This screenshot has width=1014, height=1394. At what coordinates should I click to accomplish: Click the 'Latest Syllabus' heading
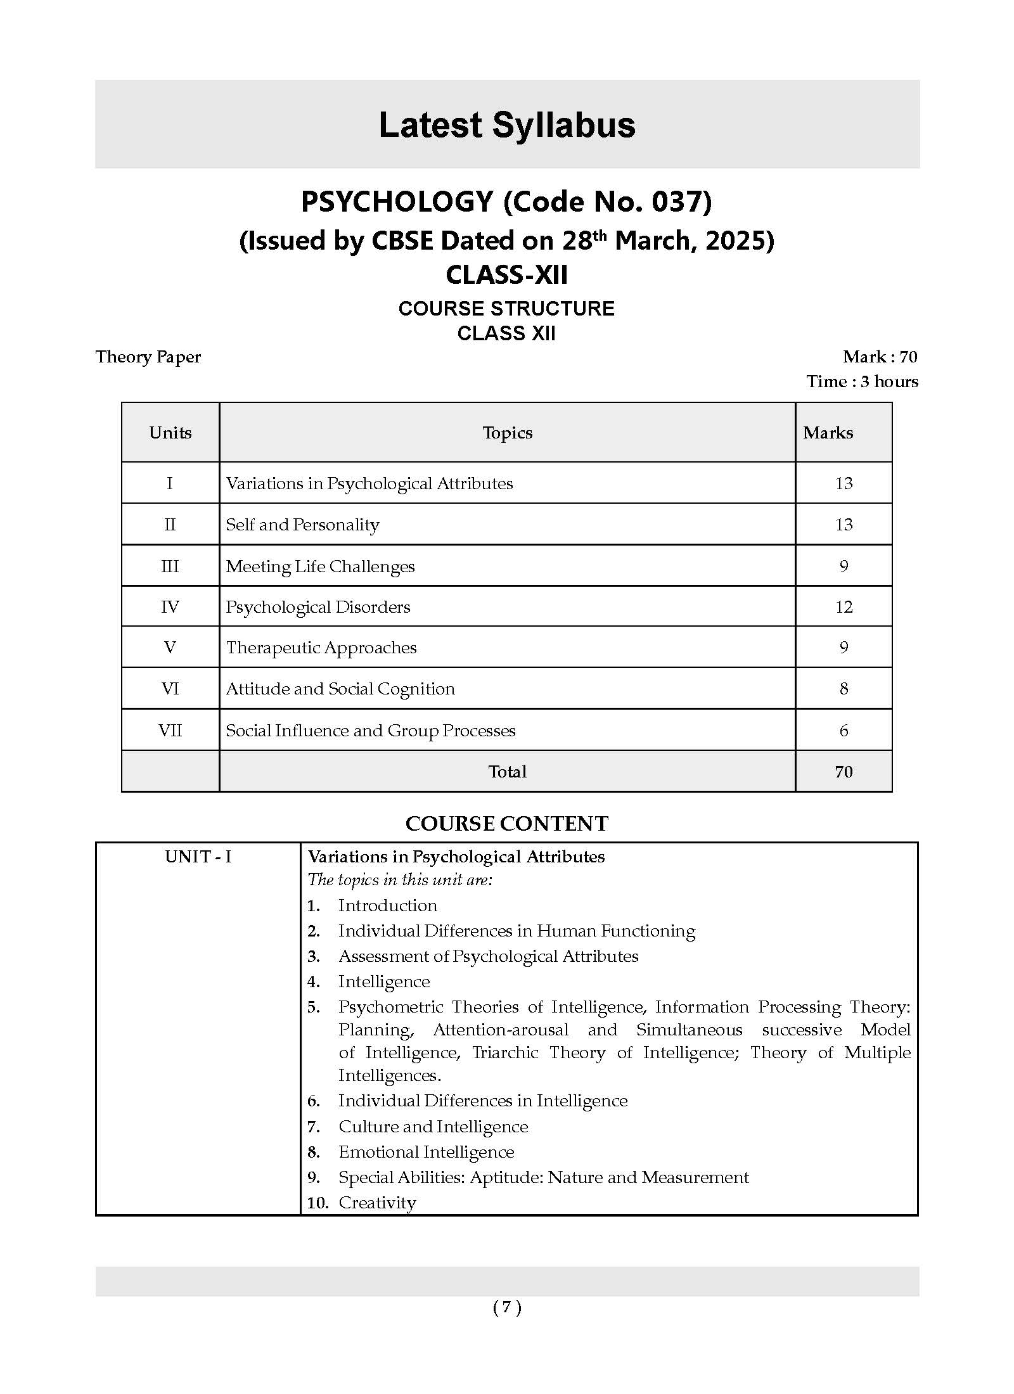tap(506, 125)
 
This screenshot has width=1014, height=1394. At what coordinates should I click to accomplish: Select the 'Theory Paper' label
tap(148, 357)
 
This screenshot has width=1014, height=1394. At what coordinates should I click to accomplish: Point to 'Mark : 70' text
tap(880, 357)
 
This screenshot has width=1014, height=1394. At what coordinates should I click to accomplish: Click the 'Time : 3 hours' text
tap(862, 381)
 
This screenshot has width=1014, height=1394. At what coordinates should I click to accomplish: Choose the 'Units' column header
tap(170, 433)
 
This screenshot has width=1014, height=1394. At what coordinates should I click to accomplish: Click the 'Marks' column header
tap(828, 433)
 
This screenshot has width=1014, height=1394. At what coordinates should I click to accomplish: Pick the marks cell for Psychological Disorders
tap(844, 607)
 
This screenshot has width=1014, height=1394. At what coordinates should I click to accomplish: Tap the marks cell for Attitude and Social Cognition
tap(844, 689)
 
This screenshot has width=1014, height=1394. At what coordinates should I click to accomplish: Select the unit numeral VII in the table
tap(170, 731)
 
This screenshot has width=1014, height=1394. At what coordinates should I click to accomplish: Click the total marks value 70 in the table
tap(844, 772)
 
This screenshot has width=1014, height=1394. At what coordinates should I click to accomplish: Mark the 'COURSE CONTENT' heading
tap(506, 824)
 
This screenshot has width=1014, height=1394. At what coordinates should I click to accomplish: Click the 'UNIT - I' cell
tap(198, 857)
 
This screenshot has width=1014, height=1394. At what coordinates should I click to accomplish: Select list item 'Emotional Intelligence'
tap(426, 1152)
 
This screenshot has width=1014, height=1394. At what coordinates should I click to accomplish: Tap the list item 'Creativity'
tap(377, 1203)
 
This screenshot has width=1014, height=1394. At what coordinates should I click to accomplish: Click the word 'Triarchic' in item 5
tap(504, 1052)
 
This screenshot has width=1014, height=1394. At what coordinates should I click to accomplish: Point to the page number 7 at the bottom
tap(507, 1307)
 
